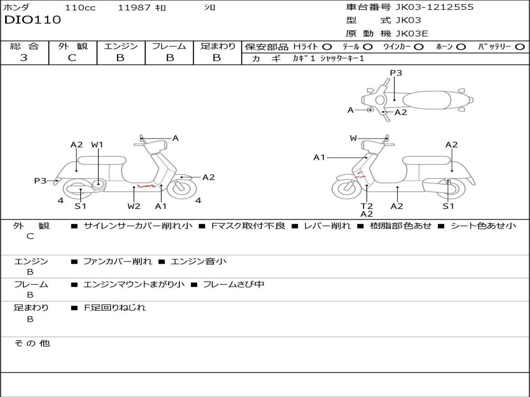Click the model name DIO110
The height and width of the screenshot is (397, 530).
click(x=33, y=20)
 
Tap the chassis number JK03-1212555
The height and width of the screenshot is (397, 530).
click(x=434, y=7)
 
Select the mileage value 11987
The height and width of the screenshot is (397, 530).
click(x=134, y=8)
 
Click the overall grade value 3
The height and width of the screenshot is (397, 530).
click(x=24, y=58)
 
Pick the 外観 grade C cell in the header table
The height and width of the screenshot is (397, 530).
click(x=72, y=58)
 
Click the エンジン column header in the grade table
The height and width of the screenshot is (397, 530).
click(x=121, y=47)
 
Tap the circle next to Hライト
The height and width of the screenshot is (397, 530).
click(x=327, y=47)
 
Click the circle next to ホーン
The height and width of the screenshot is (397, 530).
click(x=461, y=47)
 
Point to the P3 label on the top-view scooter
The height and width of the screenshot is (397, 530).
click(x=396, y=73)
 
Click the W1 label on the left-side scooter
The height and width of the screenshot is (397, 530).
click(x=97, y=145)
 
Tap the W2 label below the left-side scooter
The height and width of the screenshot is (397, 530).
click(x=134, y=206)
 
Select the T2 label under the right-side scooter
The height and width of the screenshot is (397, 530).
click(x=366, y=206)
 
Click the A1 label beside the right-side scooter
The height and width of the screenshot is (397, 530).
click(x=319, y=158)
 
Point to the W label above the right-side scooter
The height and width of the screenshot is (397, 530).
click(x=354, y=138)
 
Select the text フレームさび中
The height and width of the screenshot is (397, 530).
click(x=233, y=284)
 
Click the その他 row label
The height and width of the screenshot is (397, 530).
click(x=32, y=343)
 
